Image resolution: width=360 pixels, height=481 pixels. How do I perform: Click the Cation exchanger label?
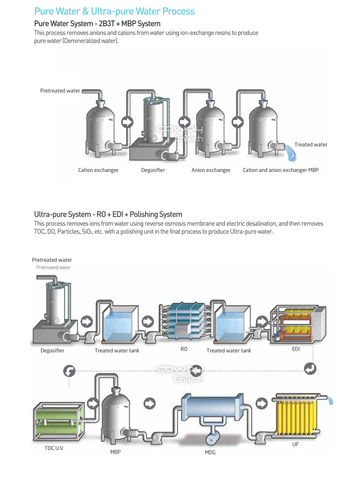[98, 170]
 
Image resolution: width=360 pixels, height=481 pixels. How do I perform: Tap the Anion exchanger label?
[211, 170]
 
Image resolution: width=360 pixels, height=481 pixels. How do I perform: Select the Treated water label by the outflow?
[311, 144]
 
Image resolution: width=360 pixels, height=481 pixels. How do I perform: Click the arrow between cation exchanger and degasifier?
[127, 122]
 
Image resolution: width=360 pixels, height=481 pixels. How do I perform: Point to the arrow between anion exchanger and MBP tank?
[238, 122]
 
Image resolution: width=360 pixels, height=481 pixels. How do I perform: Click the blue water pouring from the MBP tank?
[291, 153]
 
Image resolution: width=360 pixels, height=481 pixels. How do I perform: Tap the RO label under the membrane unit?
[184, 349]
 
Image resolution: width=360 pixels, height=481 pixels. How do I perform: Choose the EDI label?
[296, 349]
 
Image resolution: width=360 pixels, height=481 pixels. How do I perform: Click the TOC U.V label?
[54, 448]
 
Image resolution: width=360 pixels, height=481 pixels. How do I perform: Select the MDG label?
[210, 452]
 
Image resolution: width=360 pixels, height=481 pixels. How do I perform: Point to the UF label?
[295, 444]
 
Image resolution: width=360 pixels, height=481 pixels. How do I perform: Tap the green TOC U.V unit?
[58, 421]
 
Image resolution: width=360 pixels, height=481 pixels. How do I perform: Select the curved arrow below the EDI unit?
[310, 369]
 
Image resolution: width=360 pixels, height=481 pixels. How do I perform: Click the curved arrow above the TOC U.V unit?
[69, 371]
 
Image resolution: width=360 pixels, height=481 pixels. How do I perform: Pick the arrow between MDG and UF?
[262, 404]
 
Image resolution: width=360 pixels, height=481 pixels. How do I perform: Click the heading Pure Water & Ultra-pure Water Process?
[115, 11]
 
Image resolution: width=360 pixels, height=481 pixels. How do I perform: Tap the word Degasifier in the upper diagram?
[153, 170]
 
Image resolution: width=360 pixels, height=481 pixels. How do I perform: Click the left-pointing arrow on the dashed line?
[196, 371]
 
